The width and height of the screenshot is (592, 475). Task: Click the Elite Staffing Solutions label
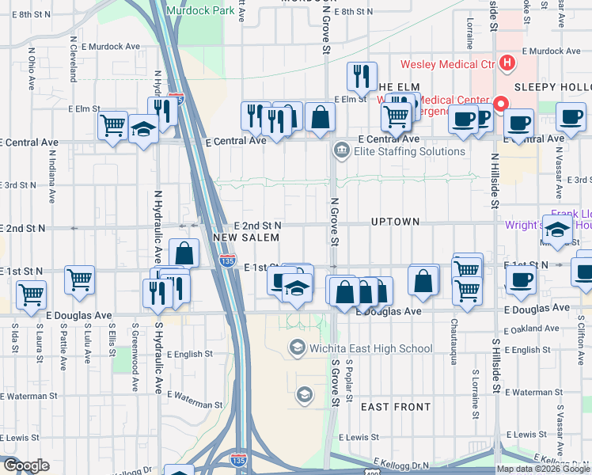[410, 151]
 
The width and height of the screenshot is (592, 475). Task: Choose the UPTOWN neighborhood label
[395, 222]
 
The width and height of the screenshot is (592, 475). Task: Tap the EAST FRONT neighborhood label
[395, 407]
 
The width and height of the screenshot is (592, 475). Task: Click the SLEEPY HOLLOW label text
[554, 86]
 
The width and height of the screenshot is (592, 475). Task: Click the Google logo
[25, 465]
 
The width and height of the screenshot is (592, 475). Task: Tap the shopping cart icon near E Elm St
[113, 125]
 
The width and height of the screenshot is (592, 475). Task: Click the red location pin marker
[500, 104]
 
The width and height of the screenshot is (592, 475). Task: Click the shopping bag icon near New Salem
[184, 254]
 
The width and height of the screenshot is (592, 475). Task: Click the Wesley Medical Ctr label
[448, 64]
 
